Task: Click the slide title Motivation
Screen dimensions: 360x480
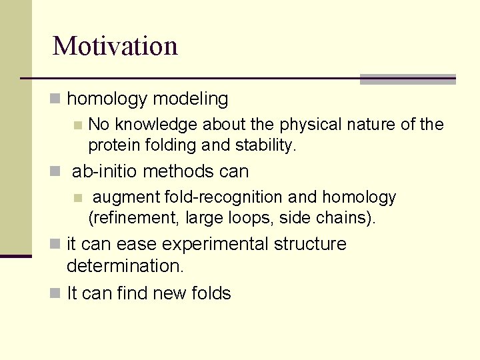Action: click(x=115, y=46)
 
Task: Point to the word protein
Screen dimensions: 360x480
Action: click(x=111, y=145)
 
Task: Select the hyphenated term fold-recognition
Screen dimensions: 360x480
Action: click(x=226, y=197)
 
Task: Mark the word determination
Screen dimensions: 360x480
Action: click(x=125, y=265)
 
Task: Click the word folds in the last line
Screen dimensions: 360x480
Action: click(x=212, y=293)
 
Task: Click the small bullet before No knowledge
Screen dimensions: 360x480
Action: click(x=78, y=125)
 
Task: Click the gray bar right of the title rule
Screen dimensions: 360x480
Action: click(x=407, y=79)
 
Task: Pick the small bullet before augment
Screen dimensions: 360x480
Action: click(x=78, y=198)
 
